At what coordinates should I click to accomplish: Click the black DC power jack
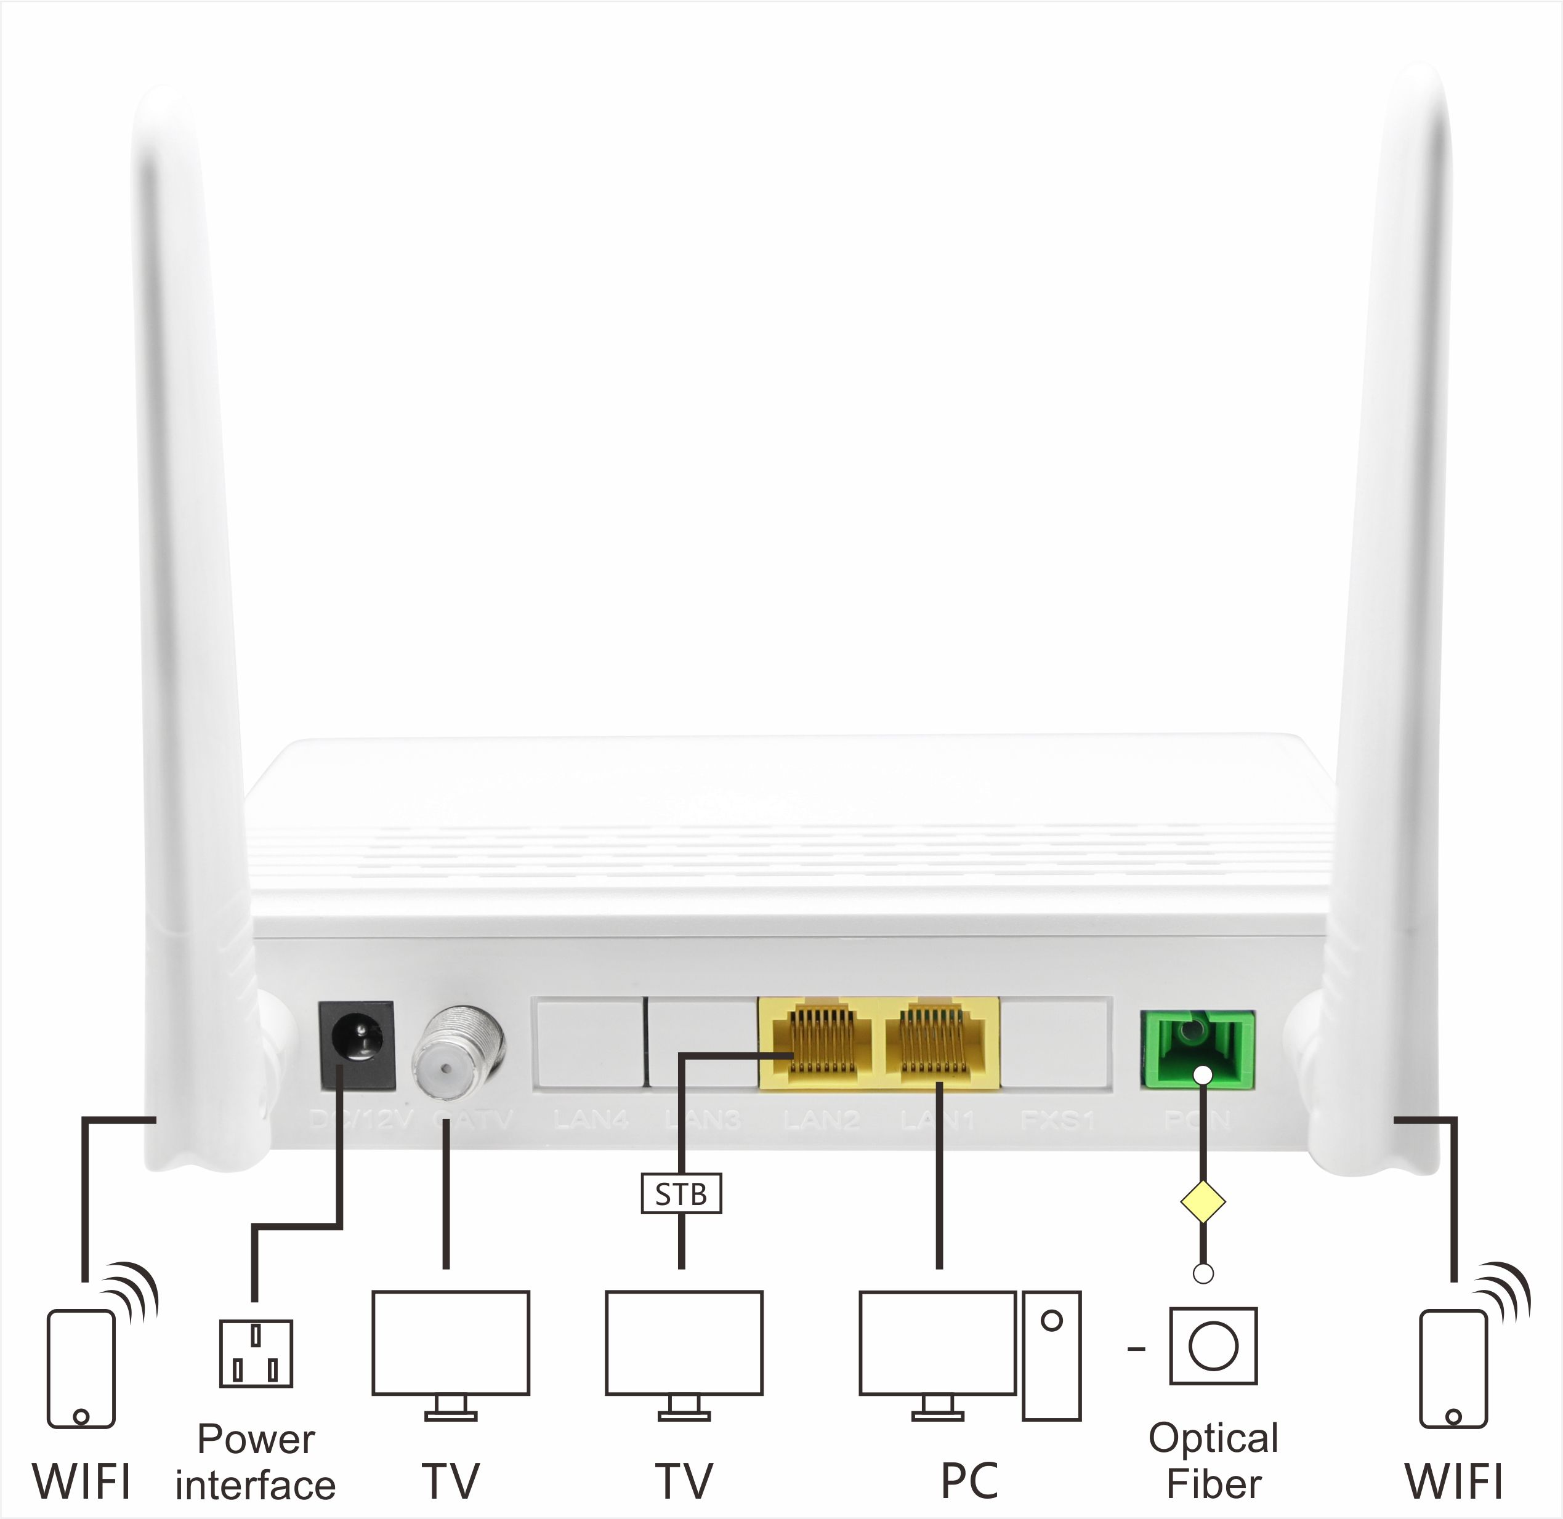357,1044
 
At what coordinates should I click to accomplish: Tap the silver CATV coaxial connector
458,1052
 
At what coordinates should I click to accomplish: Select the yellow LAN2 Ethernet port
820,1042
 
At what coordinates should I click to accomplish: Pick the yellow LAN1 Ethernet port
940,1042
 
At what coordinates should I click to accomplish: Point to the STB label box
681,1193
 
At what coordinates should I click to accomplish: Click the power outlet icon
256,1353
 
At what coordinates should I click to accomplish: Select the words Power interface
256,1462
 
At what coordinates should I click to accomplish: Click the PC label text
969,1481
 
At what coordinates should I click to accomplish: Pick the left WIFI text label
81,1481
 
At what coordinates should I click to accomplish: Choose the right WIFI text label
1454,1481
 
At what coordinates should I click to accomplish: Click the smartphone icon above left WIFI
81,1368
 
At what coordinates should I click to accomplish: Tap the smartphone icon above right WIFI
1454,1368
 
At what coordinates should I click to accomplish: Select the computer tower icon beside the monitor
1052,1355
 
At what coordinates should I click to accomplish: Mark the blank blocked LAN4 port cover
589,1042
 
